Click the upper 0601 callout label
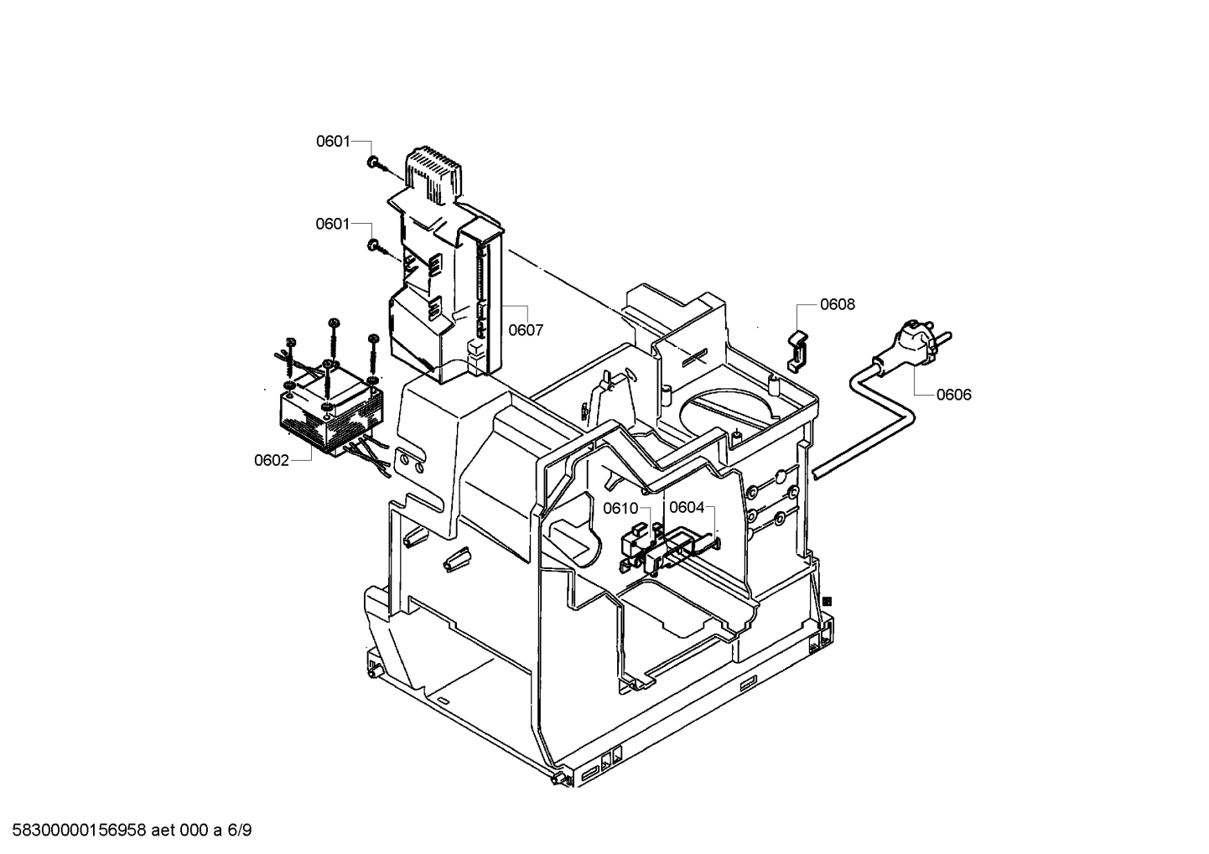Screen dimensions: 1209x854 (x=333, y=142)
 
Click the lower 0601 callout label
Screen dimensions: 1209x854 (x=333, y=224)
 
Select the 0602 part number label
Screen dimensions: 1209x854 (x=272, y=460)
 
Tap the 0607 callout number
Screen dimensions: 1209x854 (x=526, y=330)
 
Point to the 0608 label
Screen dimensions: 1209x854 (x=838, y=304)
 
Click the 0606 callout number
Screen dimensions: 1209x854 (x=954, y=395)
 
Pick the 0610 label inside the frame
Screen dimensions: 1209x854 (x=620, y=509)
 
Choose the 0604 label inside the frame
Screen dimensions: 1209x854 (x=687, y=509)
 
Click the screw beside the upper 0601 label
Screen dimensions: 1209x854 (x=373, y=162)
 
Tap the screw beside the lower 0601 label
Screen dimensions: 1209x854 (x=373, y=245)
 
